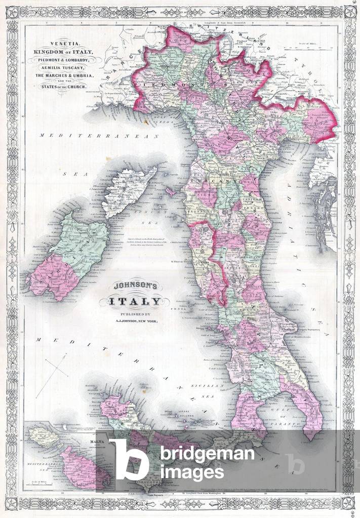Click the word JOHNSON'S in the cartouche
(133, 286)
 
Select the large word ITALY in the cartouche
(134, 302)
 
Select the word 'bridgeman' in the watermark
(207, 453)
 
